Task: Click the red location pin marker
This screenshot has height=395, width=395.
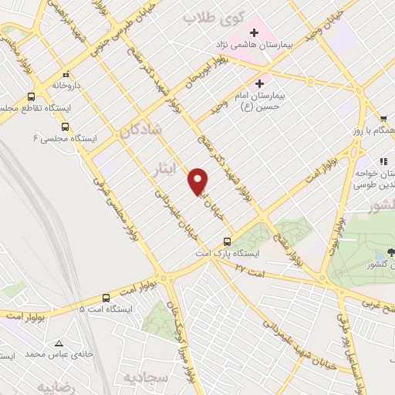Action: (199, 181)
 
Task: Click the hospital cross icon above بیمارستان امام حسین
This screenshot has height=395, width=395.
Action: (259, 83)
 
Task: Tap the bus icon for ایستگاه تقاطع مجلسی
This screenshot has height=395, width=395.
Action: (32, 97)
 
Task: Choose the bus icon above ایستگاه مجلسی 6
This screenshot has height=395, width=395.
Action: (64, 126)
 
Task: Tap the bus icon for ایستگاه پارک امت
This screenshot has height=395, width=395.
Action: (226, 241)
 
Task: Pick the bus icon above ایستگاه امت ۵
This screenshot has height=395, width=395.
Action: (106, 297)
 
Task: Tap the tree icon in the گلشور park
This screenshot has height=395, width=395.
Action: (391, 252)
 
